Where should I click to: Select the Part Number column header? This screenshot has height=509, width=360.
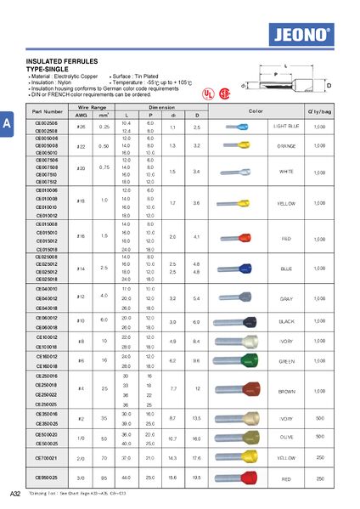pyautogui.click(x=48, y=111)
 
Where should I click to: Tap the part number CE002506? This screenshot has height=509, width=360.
pyautogui.click(x=46, y=123)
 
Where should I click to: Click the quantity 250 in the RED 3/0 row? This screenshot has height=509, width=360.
pyautogui.click(x=319, y=478)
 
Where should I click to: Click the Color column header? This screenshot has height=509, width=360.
pyautogui.click(x=256, y=111)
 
